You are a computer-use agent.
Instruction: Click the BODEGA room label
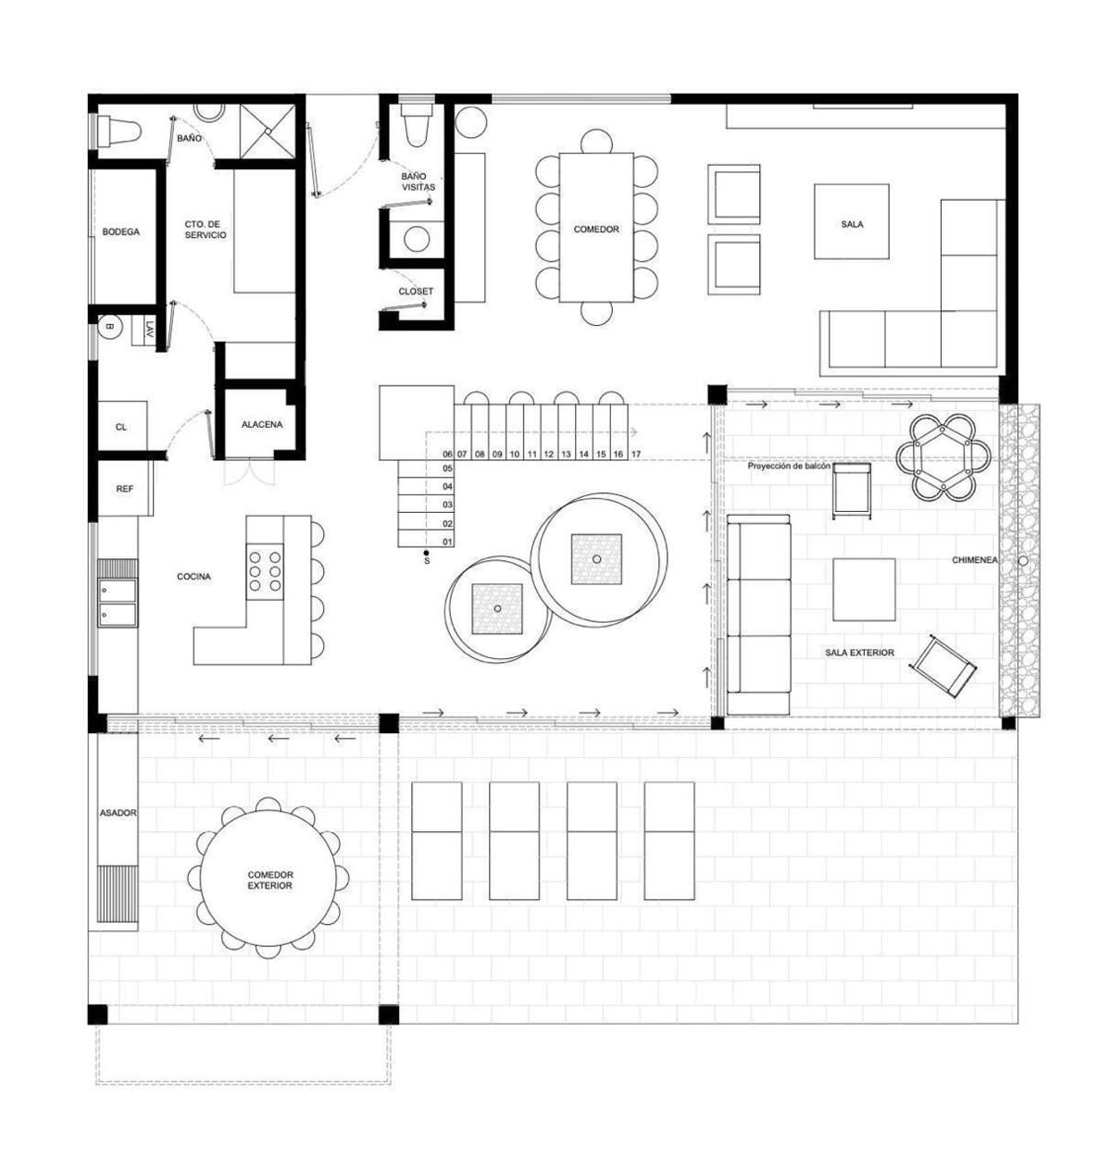(x=121, y=231)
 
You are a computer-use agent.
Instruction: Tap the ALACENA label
(x=262, y=424)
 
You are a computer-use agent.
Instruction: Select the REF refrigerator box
(x=125, y=488)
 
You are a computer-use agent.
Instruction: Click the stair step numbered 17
(x=636, y=455)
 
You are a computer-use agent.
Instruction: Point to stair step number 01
(x=447, y=542)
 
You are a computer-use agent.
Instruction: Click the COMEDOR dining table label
(x=596, y=229)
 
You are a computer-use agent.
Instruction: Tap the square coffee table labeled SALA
(x=851, y=221)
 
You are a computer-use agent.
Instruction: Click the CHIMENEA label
(x=974, y=560)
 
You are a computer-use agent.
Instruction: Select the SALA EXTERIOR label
(x=859, y=652)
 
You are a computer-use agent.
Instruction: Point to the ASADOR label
(x=119, y=813)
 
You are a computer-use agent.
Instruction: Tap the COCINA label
(x=193, y=577)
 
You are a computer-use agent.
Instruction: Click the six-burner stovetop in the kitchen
(x=265, y=572)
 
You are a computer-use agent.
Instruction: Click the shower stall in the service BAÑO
(x=268, y=131)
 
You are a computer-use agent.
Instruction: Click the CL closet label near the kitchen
(x=121, y=427)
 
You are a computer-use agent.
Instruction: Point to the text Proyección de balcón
(x=789, y=467)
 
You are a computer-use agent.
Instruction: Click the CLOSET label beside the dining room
(x=416, y=292)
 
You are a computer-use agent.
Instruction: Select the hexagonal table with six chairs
(x=942, y=457)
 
